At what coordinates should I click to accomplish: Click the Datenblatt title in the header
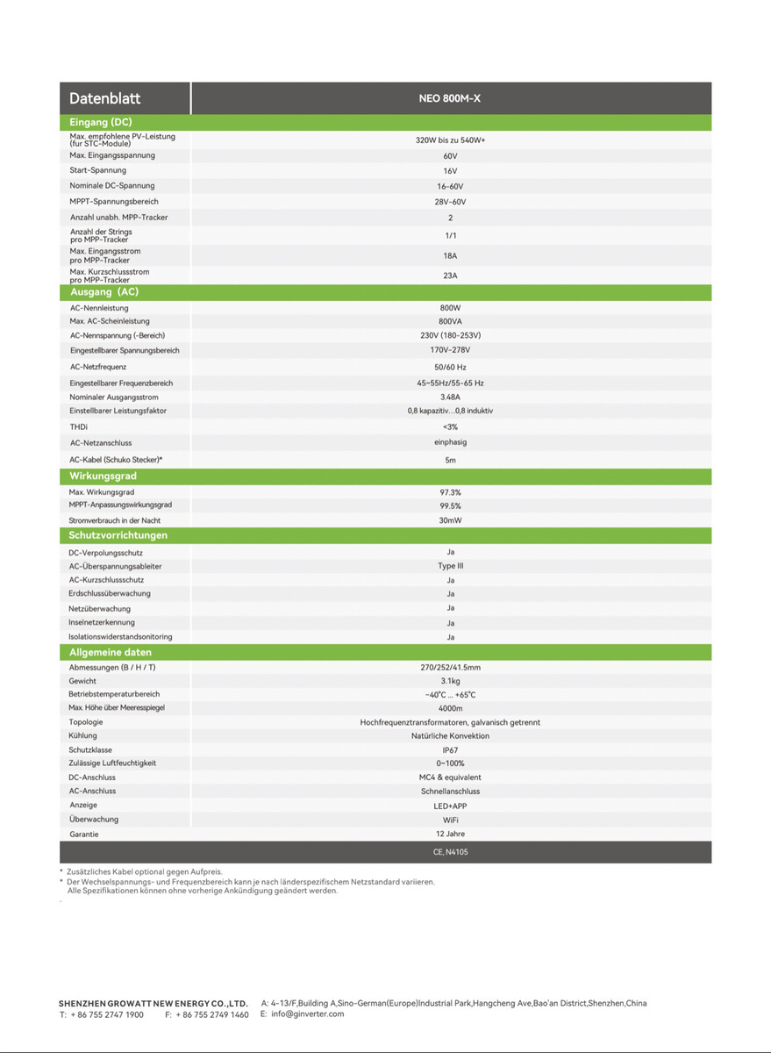pyautogui.click(x=105, y=98)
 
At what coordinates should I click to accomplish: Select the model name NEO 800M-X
pyautogui.click(x=450, y=98)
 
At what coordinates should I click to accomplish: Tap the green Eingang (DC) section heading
pyautogui.click(x=101, y=122)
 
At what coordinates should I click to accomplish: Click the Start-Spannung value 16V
pyautogui.click(x=450, y=171)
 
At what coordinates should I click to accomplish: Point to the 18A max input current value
pyautogui.click(x=450, y=255)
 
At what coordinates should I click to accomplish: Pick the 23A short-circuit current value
pyautogui.click(x=450, y=276)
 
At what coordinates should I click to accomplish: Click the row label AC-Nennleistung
pyautogui.click(x=99, y=308)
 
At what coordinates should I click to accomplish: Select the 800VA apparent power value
pyautogui.click(x=450, y=321)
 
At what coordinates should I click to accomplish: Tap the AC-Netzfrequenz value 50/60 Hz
pyautogui.click(x=450, y=367)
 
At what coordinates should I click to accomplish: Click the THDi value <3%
pyautogui.click(x=450, y=426)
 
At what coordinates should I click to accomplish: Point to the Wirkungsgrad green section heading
pyautogui.click(x=103, y=476)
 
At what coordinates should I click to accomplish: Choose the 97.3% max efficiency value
pyautogui.click(x=450, y=492)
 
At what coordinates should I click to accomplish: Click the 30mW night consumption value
pyautogui.click(x=450, y=520)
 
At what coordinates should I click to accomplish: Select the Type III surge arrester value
pyautogui.click(x=450, y=566)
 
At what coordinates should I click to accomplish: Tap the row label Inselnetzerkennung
pyautogui.click(x=102, y=622)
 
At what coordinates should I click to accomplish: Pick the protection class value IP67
pyautogui.click(x=450, y=750)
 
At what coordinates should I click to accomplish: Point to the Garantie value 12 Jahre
pyautogui.click(x=450, y=834)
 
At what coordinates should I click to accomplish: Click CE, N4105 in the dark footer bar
pyautogui.click(x=450, y=852)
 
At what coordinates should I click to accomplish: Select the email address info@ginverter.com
pyautogui.click(x=308, y=1014)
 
